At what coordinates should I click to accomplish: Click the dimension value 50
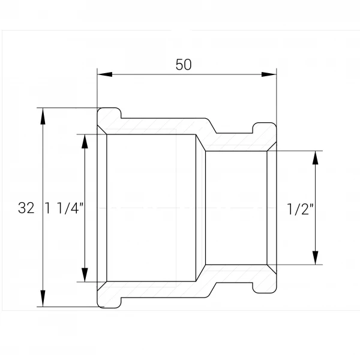184,65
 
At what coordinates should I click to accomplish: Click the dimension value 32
26,208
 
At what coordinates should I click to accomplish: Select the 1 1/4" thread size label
65,208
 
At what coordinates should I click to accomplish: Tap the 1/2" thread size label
301,209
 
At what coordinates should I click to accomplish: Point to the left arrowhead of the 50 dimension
105,74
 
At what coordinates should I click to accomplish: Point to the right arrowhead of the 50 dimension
269,74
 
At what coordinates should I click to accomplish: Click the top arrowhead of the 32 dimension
43,116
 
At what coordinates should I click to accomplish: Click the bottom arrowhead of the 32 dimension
43,298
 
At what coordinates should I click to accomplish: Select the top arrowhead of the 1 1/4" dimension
85,142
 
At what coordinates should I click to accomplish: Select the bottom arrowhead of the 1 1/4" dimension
85,275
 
